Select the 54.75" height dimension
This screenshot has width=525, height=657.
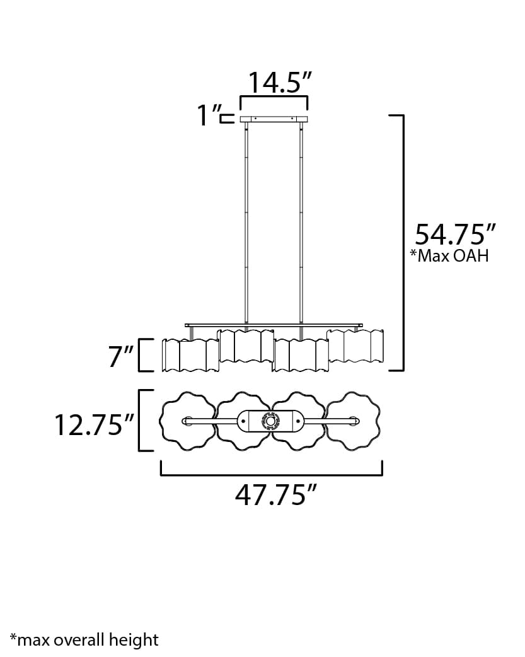tap(451, 234)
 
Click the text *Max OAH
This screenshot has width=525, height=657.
tap(449, 256)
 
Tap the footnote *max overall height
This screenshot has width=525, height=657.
tap(84, 640)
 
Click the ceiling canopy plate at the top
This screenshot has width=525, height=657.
tap(274, 119)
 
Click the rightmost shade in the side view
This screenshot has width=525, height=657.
tap(355, 346)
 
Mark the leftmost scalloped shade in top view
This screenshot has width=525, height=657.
tap(186, 421)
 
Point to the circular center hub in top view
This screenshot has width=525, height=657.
tap(270, 421)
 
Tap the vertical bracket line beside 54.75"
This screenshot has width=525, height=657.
tap(403, 243)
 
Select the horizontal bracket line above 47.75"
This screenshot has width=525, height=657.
tap(272, 474)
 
